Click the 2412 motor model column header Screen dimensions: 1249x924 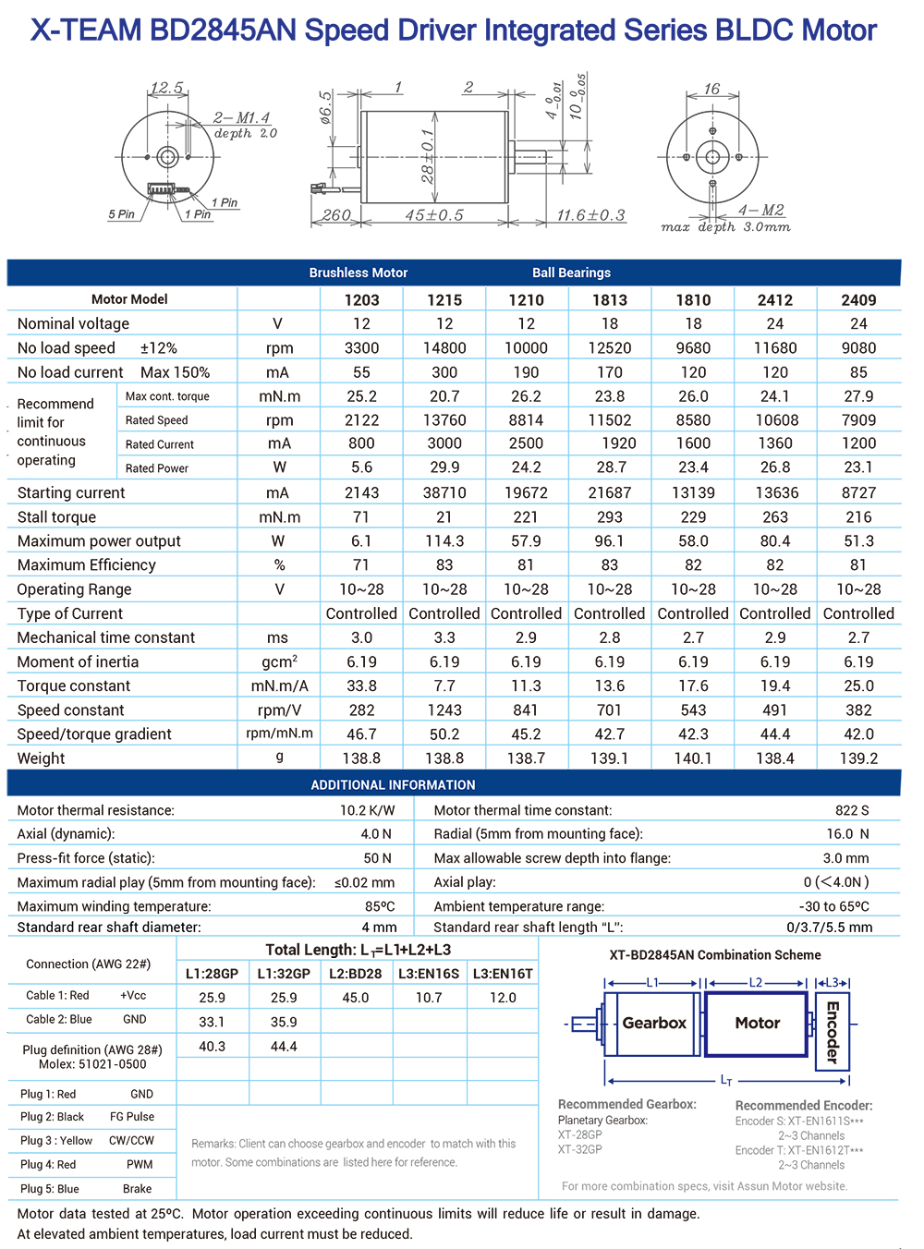774,299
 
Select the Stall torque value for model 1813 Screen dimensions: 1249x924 609,517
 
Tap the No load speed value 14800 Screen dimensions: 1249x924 444,348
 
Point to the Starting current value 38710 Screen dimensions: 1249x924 444,493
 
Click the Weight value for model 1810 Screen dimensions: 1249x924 693,758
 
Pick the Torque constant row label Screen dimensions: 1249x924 74,686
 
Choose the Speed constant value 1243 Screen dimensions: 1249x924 444,710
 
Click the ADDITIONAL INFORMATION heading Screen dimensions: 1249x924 393,784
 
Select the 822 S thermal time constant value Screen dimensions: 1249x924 852,810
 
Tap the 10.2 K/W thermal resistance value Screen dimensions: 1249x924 367,810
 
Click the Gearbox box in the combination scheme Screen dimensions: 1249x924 653,1024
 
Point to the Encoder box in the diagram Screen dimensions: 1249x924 832,1031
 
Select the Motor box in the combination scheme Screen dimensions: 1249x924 757,1024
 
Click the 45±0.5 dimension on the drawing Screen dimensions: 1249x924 433,215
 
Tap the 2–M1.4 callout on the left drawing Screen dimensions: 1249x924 241,118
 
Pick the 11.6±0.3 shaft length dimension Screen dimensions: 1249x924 590,215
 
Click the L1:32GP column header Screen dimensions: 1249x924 284,974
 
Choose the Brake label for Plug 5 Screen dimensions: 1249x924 137,1189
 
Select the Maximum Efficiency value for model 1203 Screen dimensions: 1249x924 361,565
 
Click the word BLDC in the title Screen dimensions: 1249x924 747,30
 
